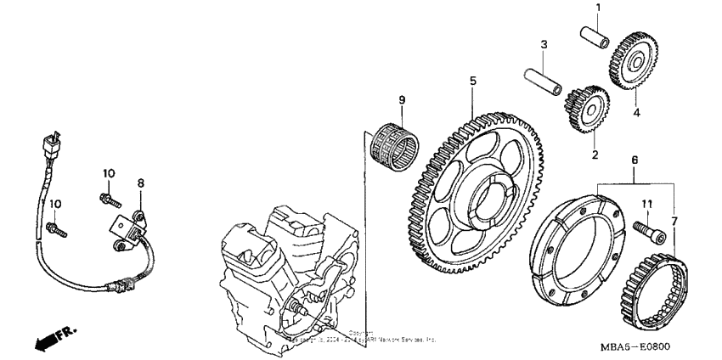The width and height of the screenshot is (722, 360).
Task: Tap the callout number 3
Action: [544, 44]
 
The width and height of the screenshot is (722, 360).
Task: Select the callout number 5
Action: [473, 82]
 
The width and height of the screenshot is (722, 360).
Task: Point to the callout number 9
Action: [403, 100]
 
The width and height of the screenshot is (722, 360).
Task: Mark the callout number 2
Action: [595, 155]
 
